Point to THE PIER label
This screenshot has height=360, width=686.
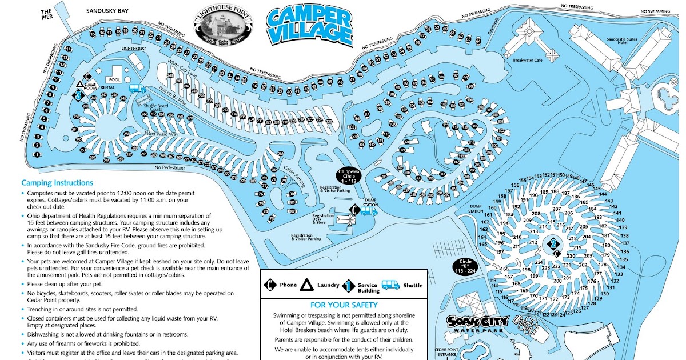click(x=47, y=14)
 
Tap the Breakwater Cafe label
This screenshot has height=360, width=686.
click(x=527, y=59)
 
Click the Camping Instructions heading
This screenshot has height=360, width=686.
click(x=57, y=183)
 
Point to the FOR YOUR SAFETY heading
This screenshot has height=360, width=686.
click(x=344, y=305)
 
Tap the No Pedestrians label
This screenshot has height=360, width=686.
click(x=170, y=168)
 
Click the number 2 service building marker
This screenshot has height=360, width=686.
click(x=552, y=245)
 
